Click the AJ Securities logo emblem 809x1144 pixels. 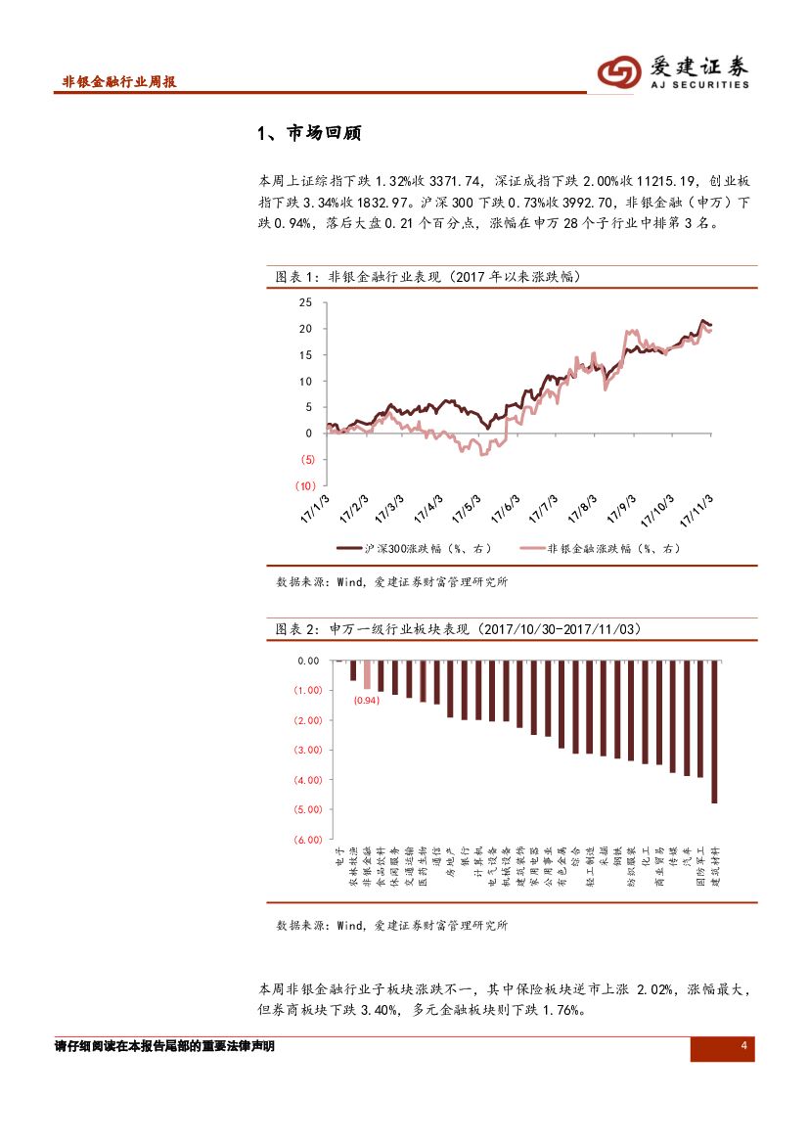619,71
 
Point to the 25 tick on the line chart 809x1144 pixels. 305,302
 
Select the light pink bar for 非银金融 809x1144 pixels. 367,675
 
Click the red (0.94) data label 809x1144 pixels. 367,701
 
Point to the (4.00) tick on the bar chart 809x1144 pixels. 307,780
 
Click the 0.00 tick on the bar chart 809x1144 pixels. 309,661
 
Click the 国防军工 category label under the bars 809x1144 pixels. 700,867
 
